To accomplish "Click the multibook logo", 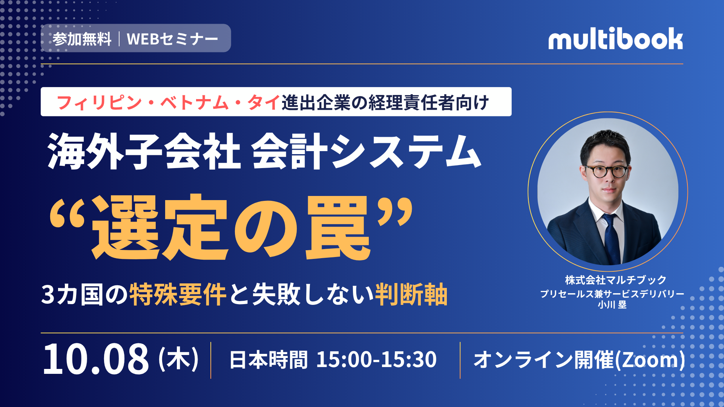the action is point(615,38).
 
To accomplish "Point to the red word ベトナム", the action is point(195,103).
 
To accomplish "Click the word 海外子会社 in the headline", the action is point(144,152).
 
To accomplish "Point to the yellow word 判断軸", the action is point(411,294).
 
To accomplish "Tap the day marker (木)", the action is point(178,359).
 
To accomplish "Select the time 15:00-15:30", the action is point(376,360).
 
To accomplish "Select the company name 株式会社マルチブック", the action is point(616,280).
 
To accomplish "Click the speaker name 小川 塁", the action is point(612,304).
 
